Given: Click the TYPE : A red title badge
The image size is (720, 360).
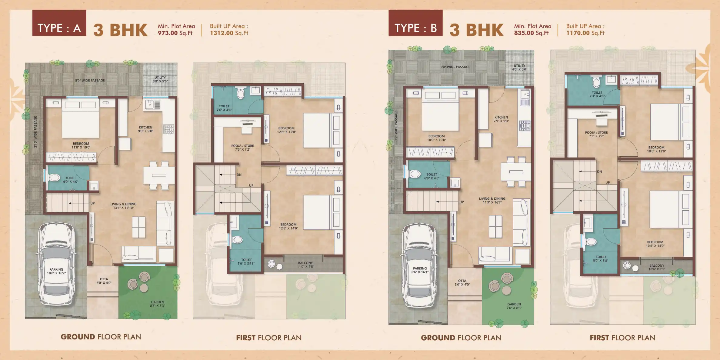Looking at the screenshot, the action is click(x=59, y=23).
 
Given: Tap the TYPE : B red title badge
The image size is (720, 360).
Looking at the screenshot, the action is click(x=415, y=23).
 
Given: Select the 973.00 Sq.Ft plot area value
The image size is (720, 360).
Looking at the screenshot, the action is click(x=175, y=33).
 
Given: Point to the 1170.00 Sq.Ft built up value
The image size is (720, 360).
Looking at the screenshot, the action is click(x=585, y=33).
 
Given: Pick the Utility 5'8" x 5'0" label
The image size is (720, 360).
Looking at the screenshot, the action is click(x=160, y=79).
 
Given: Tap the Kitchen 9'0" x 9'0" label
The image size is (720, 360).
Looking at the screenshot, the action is click(x=145, y=129).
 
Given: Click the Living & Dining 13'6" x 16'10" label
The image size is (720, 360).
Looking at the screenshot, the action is click(x=123, y=206).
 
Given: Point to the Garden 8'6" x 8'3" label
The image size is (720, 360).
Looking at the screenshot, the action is click(x=158, y=304).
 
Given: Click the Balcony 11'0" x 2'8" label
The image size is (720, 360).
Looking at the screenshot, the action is click(x=305, y=265).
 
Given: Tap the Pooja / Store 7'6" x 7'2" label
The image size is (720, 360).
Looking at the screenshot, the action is click(x=242, y=148).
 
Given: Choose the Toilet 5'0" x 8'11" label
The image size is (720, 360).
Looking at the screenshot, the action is click(x=246, y=262).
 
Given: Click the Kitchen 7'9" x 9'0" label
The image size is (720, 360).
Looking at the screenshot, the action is click(x=501, y=119).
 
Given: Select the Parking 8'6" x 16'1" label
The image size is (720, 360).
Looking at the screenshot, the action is click(x=420, y=270).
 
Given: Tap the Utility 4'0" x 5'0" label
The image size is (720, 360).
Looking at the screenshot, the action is click(x=519, y=67).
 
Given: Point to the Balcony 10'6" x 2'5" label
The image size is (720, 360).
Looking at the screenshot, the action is click(x=657, y=267).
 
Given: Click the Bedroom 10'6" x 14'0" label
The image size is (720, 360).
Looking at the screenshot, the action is click(x=655, y=244).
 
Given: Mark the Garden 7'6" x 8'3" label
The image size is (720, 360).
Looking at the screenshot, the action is click(x=514, y=306).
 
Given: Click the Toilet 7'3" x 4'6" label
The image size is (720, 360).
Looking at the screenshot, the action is click(x=597, y=94).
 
